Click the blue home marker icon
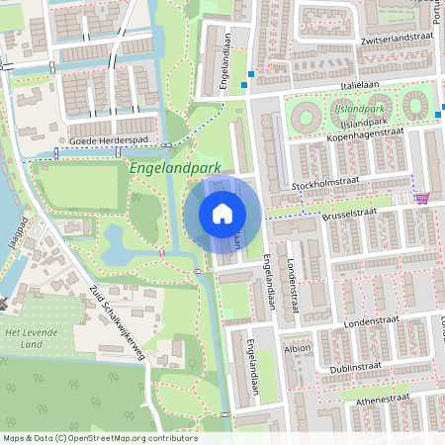pos(222,214)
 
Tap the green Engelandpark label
pos(174,168)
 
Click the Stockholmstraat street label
pos(323,185)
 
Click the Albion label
pos(297,349)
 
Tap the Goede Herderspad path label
pos(107,140)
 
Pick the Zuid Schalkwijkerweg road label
pos(117,320)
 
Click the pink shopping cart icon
pos(422,198)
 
